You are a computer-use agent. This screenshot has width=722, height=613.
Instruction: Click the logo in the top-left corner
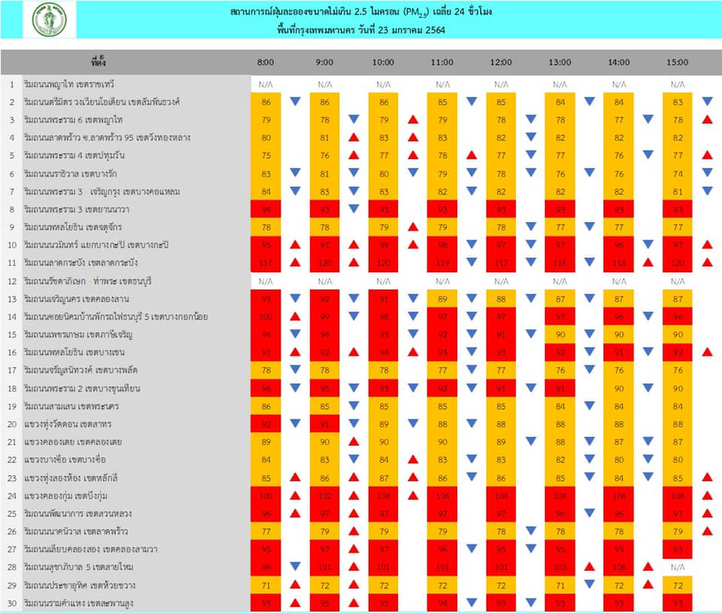pos(49,20)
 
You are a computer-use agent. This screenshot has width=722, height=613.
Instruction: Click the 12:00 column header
pos(501,63)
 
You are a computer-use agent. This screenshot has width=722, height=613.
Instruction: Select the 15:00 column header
pos(678,63)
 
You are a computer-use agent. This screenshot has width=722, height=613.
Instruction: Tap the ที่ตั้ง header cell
pos(98,63)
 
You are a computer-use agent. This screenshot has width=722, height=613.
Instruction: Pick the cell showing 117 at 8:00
pos(265,262)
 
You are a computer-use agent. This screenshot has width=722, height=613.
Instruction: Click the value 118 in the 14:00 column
pos(619,262)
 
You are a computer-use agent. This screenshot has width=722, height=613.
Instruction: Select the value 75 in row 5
pos(265,155)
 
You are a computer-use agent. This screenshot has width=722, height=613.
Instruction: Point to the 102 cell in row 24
pos(325,496)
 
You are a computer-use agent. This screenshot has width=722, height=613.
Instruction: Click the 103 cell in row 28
pos(560,566)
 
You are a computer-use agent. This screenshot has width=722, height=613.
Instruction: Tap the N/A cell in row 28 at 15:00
pos(678,566)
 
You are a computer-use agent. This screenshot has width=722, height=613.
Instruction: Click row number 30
pos(12,602)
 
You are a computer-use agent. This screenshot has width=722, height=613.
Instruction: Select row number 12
pos(12,281)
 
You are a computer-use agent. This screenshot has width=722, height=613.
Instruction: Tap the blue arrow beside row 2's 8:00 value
pos(295,102)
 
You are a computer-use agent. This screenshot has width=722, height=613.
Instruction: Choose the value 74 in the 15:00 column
pos(678,173)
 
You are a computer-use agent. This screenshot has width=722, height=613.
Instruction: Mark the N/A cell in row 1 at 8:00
pos(265,84)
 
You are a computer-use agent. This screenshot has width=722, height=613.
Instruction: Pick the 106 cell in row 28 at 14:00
pos(619,566)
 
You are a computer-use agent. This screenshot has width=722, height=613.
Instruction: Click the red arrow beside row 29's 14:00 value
pos(648,584)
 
